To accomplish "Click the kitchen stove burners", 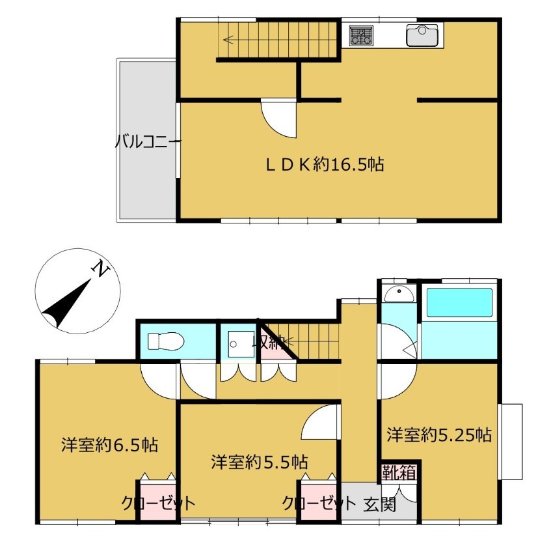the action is coord(361,36).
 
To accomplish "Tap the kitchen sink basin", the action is coord(422,36).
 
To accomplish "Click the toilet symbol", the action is coord(166,341).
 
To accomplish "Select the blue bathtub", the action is coord(459,303).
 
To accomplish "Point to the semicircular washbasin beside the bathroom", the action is coord(399,294).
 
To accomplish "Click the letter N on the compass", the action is coord(100,268).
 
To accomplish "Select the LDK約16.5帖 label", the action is coord(325,164).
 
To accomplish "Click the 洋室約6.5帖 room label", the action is coord(110,445).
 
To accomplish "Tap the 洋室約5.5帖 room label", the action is coord(260,462).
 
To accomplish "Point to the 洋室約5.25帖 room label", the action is coord(439,435).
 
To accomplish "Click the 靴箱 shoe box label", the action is coord(399,472).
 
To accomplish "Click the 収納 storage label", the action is coord(269,342).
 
